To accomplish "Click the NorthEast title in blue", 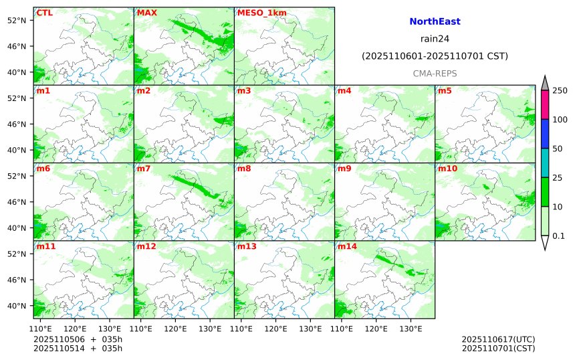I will click(x=435, y=22).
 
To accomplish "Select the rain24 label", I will click(x=435, y=39).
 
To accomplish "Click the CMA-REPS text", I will click(x=435, y=73).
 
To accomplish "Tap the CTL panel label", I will click(x=44, y=13).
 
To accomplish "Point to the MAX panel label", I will click(x=146, y=13).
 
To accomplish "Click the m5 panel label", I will click(x=445, y=90).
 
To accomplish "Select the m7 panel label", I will click(x=144, y=169).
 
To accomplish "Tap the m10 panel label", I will click(x=447, y=169).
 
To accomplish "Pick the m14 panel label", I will click(x=347, y=246).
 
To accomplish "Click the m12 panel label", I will click(x=146, y=246).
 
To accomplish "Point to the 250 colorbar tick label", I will click(x=560, y=90).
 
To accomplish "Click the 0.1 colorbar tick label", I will click(x=558, y=236).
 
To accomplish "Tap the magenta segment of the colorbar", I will click(x=544, y=105).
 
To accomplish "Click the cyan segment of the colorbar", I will click(x=544, y=163).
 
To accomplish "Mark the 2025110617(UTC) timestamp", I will click(x=498, y=339).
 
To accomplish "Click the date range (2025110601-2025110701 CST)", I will click(x=435, y=56).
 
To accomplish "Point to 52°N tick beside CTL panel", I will click(x=15, y=20).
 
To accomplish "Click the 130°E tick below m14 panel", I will click(x=411, y=329).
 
